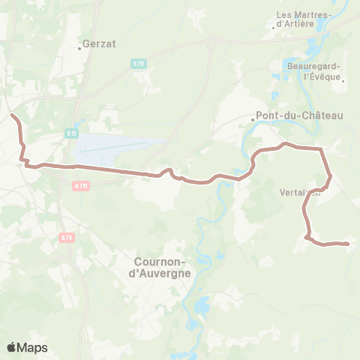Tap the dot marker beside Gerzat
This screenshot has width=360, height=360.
80,49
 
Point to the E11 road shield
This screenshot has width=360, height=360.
71,133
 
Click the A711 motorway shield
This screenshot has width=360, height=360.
81,185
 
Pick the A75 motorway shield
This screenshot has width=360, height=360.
66,237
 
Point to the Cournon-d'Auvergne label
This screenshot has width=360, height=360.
162,267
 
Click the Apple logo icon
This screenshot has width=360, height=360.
11,347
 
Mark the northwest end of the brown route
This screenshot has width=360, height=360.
11,115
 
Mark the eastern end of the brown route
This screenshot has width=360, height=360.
349,244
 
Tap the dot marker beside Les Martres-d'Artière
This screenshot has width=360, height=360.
275,28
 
